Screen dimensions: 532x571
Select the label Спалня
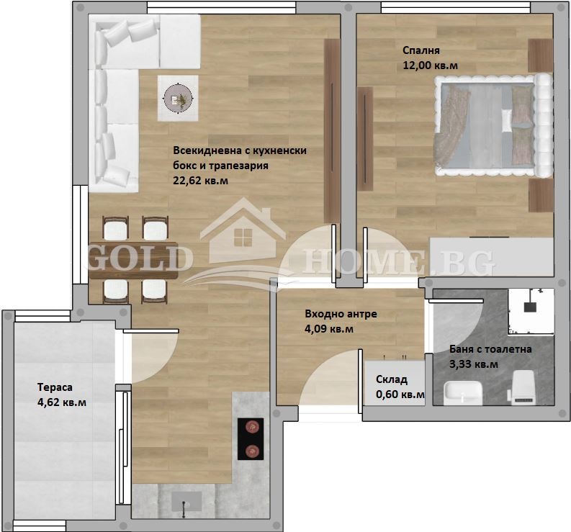tap(421, 50)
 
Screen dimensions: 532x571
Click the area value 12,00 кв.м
tap(431, 66)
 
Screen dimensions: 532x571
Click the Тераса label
tap(55, 387)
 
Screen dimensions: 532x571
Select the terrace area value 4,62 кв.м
tap(62, 402)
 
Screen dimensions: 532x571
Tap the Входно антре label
tap(341, 314)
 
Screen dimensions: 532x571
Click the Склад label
tap(392, 379)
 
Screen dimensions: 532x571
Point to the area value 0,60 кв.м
tap(400, 395)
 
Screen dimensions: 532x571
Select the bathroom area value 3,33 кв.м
tap(473, 364)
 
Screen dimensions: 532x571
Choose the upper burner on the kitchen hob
tap(251, 427)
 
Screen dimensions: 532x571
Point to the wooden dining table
tap(133, 259)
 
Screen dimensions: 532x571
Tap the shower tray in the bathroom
tap(531, 306)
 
